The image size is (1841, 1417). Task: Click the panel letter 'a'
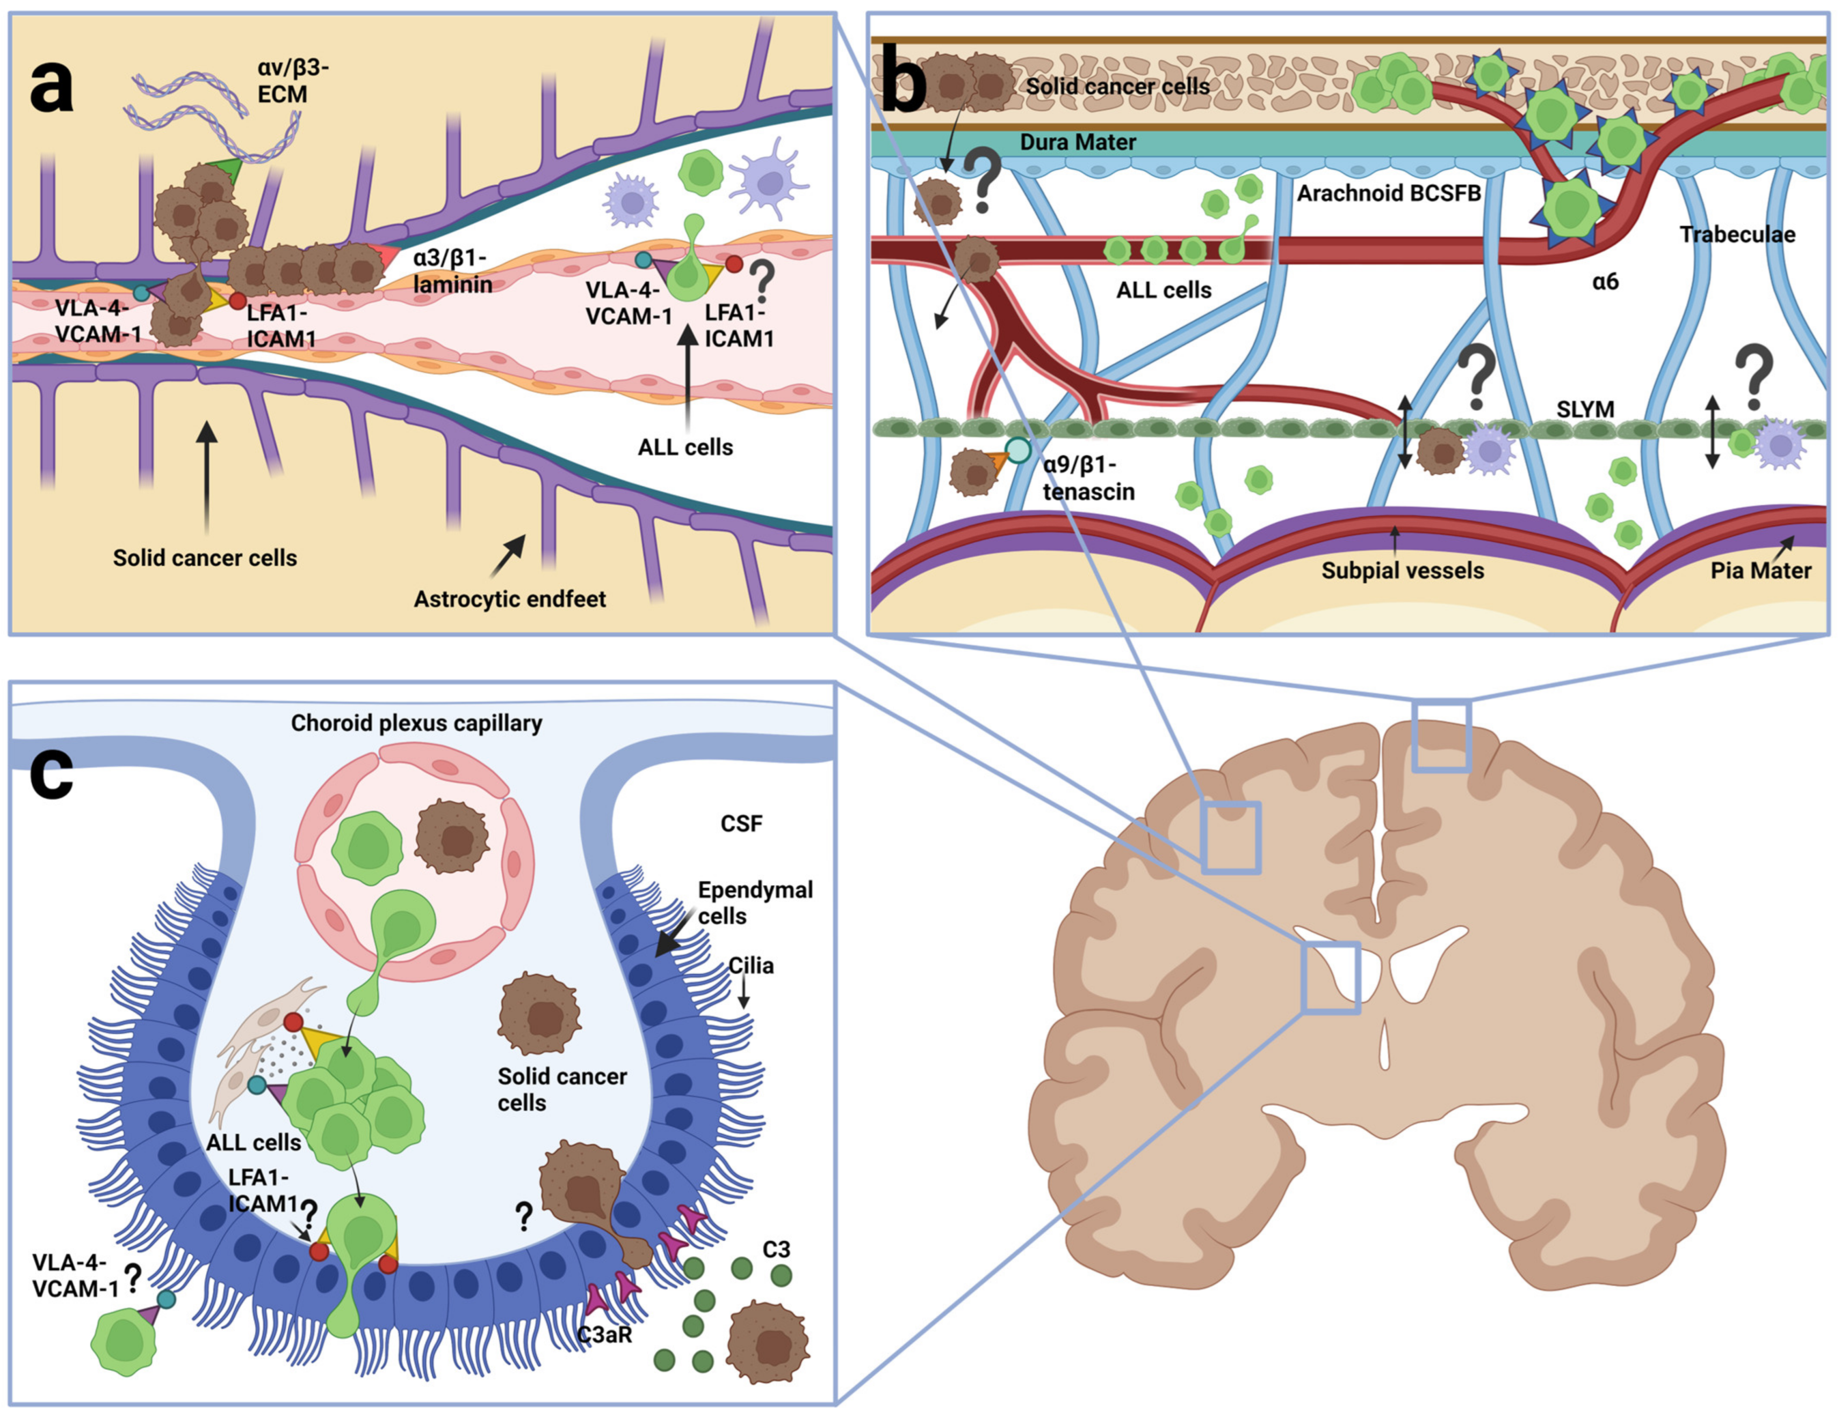pos(52,87)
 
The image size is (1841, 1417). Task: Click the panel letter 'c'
pos(52,773)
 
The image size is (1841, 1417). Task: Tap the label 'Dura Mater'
pos(1078,142)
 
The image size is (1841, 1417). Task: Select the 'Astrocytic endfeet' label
pos(509,599)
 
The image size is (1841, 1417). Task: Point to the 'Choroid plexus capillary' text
pos(416,723)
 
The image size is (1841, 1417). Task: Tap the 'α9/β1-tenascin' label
pos(1088,478)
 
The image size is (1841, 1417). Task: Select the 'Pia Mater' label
pos(1761,571)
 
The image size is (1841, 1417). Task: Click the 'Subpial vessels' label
pos(1403,571)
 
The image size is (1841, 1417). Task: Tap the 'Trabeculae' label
pos(1737,234)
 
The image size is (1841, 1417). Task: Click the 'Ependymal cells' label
pos(755,903)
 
